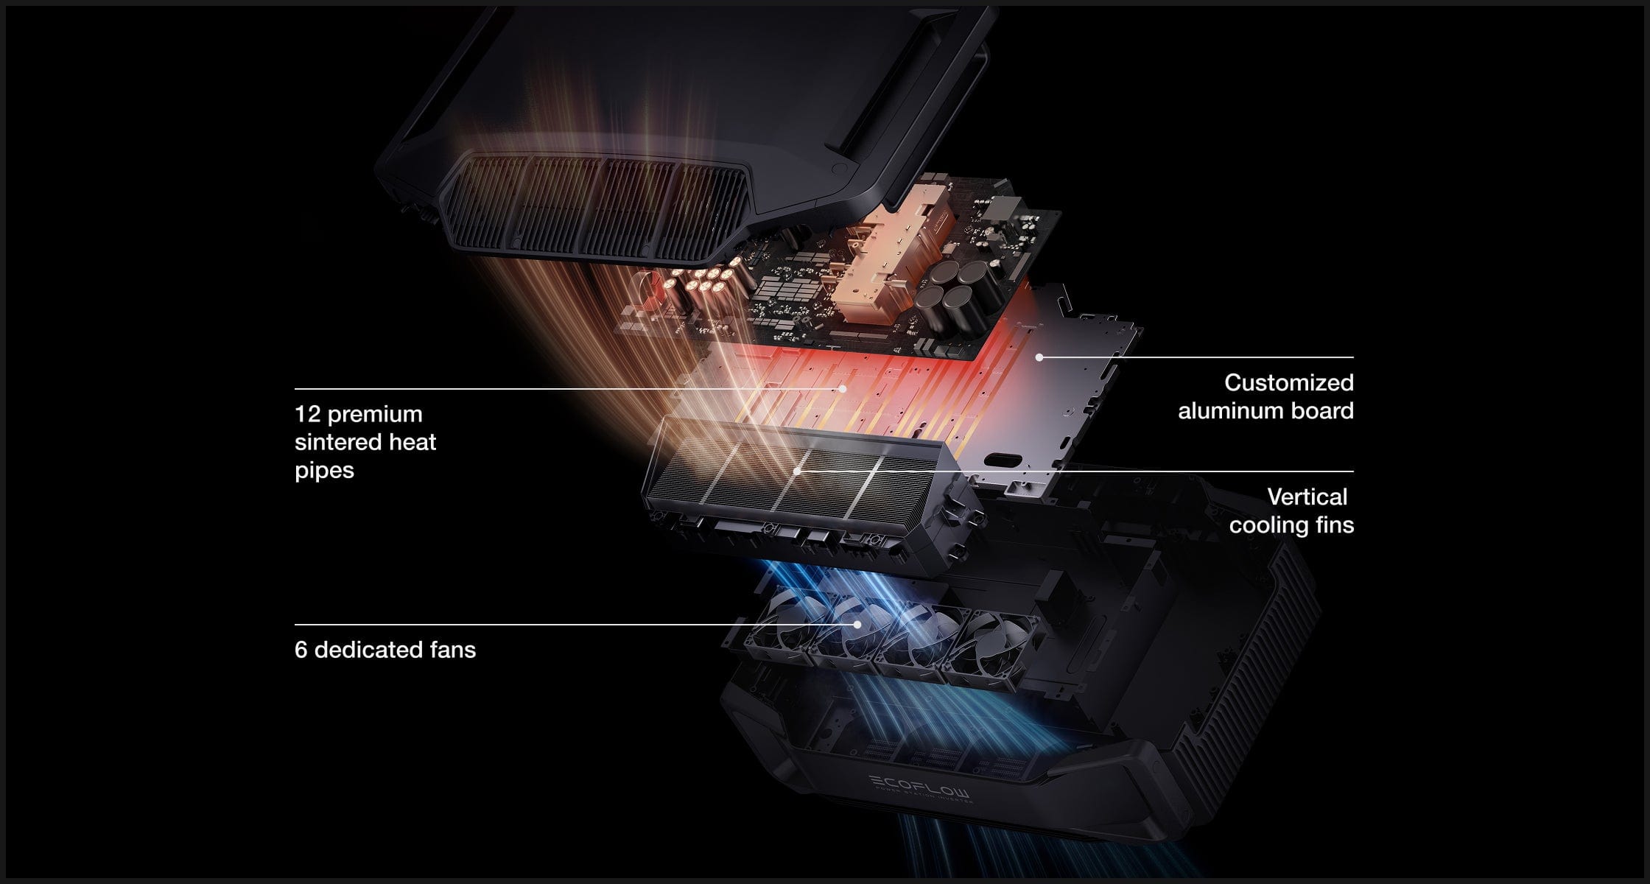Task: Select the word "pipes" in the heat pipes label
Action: coord(324,470)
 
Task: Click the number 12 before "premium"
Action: coord(307,414)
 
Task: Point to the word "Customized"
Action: coord(1288,382)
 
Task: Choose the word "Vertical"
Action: coord(1307,497)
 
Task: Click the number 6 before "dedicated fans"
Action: coord(301,650)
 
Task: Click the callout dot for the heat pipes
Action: coord(842,388)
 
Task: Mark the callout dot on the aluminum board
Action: coord(1039,357)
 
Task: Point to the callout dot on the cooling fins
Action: coord(798,471)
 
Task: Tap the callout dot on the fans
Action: coord(857,625)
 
